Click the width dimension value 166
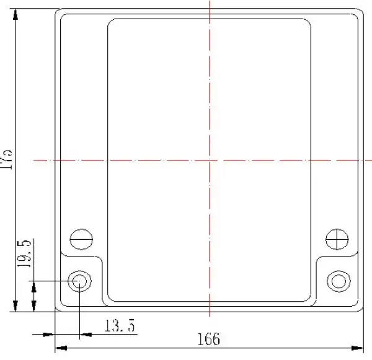[208, 339]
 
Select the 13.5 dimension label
[120, 325]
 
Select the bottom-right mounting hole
[339, 281]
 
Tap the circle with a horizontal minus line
[81, 239]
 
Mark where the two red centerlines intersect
[210, 160]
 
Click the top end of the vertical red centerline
[210, 2]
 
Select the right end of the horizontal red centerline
[370, 160]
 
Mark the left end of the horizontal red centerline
[34, 160]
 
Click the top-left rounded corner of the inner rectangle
[112, 22]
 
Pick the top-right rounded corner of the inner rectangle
[308, 22]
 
